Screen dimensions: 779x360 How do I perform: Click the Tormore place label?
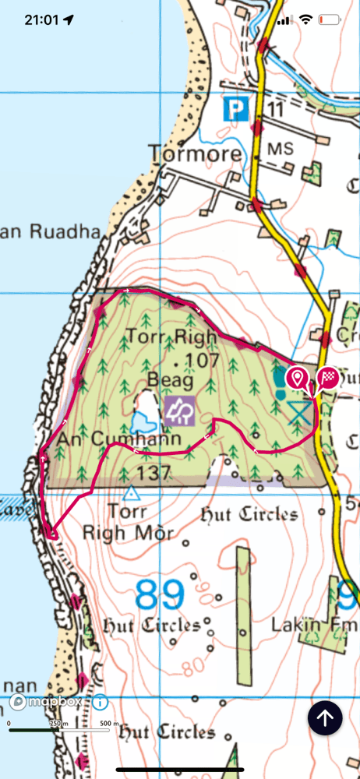[x=195, y=153]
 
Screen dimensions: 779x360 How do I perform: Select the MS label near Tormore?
[x=277, y=147]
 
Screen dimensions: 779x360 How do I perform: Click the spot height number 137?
[x=154, y=473]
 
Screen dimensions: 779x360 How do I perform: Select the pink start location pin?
[x=296, y=379]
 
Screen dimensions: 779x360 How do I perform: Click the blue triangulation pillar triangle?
[x=131, y=494]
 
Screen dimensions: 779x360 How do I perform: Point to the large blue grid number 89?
[x=161, y=596]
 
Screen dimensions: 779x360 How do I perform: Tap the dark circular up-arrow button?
[x=326, y=717]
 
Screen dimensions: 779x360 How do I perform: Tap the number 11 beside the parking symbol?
[x=274, y=110]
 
